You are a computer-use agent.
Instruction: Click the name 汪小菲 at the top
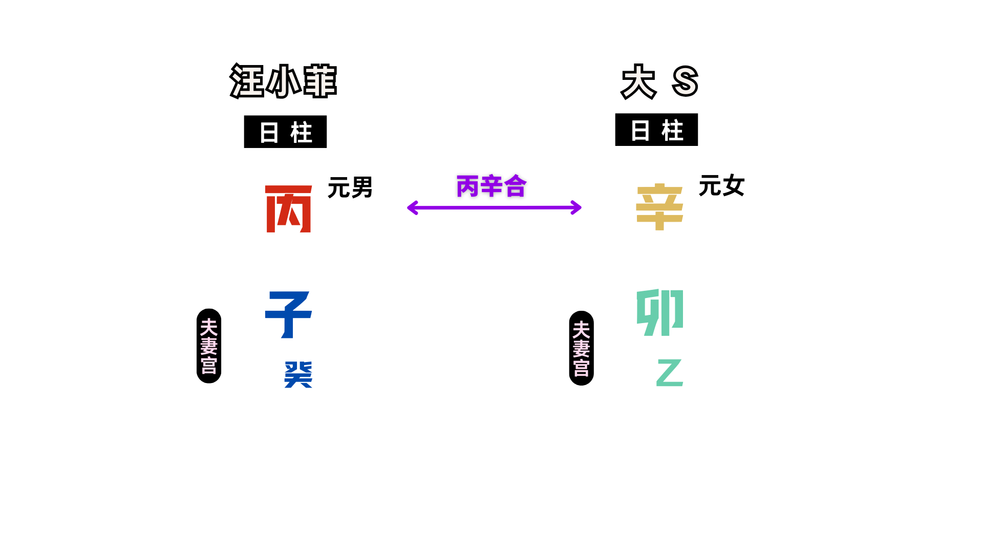click(283, 81)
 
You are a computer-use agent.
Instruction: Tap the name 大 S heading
click(659, 81)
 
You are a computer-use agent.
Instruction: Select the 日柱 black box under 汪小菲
click(285, 132)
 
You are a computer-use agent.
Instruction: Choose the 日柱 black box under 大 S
click(656, 130)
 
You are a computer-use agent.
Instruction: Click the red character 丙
click(289, 209)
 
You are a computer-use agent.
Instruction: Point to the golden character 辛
click(659, 207)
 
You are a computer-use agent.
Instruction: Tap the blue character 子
click(288, 314)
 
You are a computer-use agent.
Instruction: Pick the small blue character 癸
click(298, 374)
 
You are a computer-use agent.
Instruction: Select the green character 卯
click(660, 312)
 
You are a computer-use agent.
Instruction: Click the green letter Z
click(670, 372)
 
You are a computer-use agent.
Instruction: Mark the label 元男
click(350, 187)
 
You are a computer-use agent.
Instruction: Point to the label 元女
click(721, 185)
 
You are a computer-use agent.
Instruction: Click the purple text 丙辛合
click(491, 186)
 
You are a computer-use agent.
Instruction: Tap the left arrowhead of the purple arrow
click(411, 207)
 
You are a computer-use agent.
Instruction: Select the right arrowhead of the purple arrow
click(578, 207)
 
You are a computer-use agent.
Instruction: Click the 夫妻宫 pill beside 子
click(209, 346)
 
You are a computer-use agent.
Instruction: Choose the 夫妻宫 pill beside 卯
click(581, 348)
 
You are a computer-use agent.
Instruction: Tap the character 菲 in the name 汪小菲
click(320, 81)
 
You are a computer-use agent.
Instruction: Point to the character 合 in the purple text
click(515, 186)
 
